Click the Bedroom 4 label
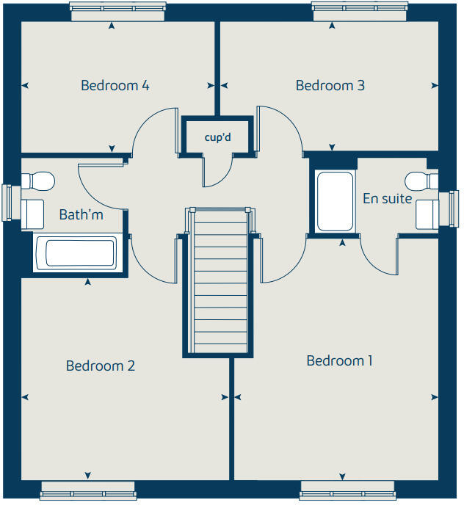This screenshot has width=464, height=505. [x=115, y=85]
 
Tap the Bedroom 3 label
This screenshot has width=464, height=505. [x=330, y=85]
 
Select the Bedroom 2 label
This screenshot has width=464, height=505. [x=100, y=366]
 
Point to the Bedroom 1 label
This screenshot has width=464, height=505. [x=340, y=360]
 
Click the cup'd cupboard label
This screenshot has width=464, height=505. [x=218, y=137]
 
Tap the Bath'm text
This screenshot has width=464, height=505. [x=81, y=214]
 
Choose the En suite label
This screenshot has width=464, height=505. [x=388, y=198]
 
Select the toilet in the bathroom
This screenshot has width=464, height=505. [x=38, y=181]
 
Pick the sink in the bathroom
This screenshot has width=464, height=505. [x=32, y=214]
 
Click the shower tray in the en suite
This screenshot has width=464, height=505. [x=335, y=201]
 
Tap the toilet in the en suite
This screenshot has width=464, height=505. [x=421, y=181]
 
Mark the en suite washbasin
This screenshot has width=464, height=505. [x=427, y=214]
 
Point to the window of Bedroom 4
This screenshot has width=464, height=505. [x=117, y=12]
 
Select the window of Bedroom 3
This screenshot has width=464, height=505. [x=360, y=12]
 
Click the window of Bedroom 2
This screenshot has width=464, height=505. [x=88, y=491]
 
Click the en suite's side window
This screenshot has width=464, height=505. [x=449, y=208]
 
